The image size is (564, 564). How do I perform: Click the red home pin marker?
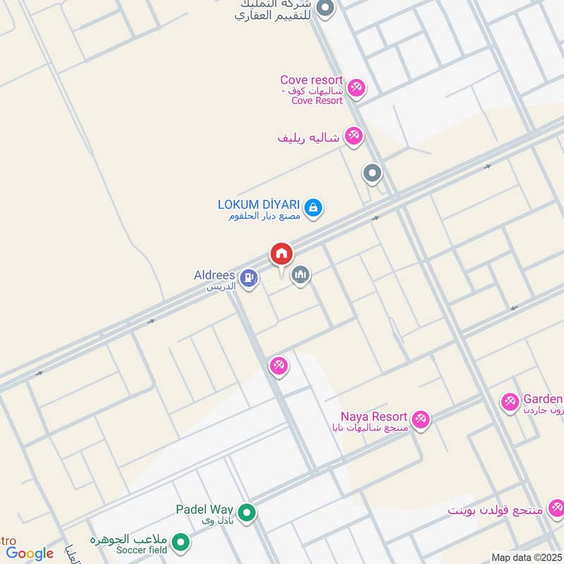tap(281, 255)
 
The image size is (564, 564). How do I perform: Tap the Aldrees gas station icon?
tap(248, 278)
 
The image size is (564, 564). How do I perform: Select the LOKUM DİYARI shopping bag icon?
tap(314, 207)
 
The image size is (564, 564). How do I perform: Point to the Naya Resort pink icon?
tap(421, 419)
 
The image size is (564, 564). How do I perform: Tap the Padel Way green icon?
tap(246, 513)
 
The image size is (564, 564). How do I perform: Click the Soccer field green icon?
tap(181, 542)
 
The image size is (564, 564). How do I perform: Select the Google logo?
tap(30, 553)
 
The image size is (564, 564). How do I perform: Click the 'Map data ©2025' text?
tap(526, 557)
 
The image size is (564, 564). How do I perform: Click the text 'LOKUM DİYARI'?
tap(259, 204)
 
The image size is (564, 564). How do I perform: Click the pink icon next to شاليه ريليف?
tap(354, 136)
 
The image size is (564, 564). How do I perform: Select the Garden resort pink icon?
tap(510, 403)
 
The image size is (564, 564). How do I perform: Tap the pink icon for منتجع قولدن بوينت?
tap(556, 508)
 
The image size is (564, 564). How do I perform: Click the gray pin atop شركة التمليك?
tap(325, 9)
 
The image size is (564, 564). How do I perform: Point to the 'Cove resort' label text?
tap(312, 80)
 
